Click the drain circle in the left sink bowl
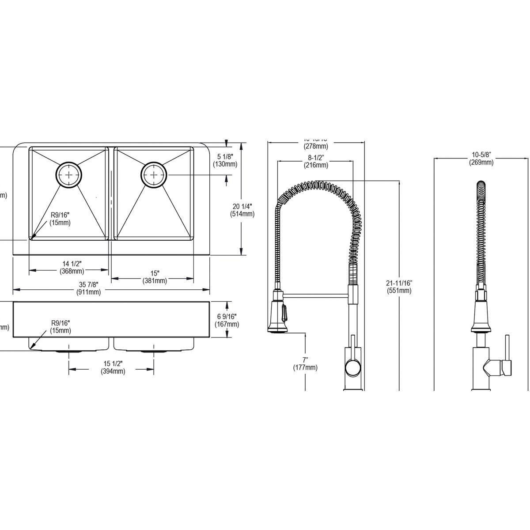(69, 175)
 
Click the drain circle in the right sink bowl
(153, 175)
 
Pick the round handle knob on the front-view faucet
(352, 367)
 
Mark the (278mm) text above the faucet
(315, 146)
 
